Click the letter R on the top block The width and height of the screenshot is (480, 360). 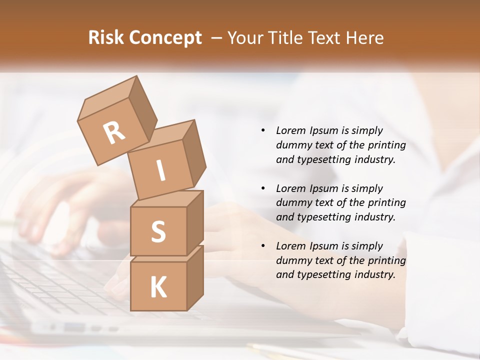click(114, 133)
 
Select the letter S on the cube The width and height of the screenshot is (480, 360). click(158, 231)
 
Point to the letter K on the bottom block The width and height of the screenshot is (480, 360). click(158, 287)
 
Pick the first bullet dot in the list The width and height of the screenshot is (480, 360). click(263, 131)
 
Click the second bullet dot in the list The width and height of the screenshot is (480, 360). click(263, 188)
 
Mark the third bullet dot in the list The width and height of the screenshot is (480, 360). click(263, 246)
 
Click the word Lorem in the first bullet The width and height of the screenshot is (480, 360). click(290, 130)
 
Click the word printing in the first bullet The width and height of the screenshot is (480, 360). click(386, 145)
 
